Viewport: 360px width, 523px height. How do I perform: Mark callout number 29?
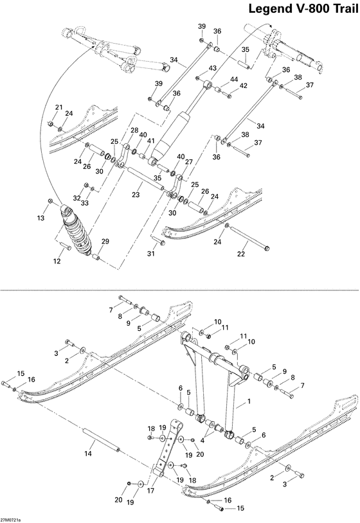point(105,241)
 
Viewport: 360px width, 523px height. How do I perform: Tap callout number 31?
point(153,254)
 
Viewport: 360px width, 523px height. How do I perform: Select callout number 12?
point(57,261)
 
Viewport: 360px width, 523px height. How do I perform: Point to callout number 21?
point(58,107)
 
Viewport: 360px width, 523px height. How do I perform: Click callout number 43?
point(212,69)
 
